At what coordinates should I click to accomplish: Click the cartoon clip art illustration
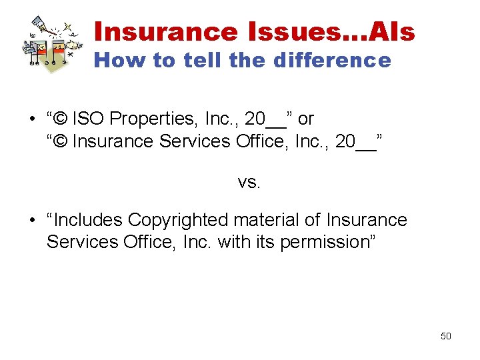pyautogui.click(x=50, y=41)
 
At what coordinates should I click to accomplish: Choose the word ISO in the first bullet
pyautogui.click(x=89, y=119)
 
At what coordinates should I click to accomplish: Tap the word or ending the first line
pyautogui.click(x=306, y=119)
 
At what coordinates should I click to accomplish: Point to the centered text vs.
pyautogui.click(x=249, y=181)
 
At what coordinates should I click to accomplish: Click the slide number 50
pyautogui.click(x=446, y=336)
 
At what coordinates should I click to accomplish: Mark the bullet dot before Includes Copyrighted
pyautogui.click(x=31, y=221)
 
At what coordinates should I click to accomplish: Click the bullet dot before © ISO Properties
pyautogui.click(x=31, y=120)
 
